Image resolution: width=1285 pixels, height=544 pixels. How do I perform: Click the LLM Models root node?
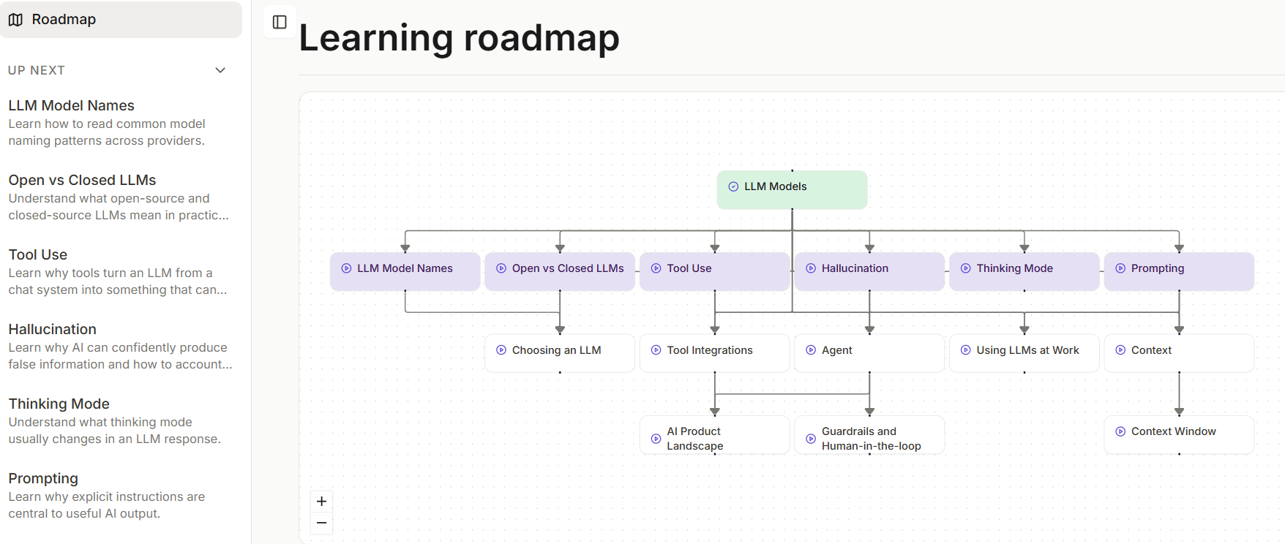pos(792,189)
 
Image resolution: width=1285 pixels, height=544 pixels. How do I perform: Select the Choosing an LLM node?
pos(560,353)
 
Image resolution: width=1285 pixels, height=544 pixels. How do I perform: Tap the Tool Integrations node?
pos(715,353)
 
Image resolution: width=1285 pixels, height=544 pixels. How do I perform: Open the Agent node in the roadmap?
pos(869,353)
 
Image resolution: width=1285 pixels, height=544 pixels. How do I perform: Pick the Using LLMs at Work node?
pos(1024,353)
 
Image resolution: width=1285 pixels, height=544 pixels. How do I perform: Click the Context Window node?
pos(1179,435)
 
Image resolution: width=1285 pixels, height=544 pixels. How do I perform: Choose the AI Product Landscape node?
pos(715,435)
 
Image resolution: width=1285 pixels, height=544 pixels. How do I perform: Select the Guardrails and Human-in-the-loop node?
pos(869,435)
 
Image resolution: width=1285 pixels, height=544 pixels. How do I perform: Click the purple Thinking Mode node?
pos(1024,271)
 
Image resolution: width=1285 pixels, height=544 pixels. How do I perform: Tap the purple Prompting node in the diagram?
pos(1179,271)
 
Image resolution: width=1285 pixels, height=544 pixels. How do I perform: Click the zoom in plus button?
pos(321,501)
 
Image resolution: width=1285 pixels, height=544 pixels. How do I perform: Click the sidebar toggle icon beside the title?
pos(280,22)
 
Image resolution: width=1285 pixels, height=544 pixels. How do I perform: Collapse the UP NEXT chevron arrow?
pos(220,70)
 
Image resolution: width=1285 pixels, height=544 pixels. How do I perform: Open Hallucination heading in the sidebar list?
pos(53,329)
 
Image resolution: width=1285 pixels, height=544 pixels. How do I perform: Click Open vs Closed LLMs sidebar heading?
pos(83,180)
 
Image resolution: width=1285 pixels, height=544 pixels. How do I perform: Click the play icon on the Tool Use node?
pos(656,268)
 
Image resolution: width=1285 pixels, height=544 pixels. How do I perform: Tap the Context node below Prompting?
pos(1179,353)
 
